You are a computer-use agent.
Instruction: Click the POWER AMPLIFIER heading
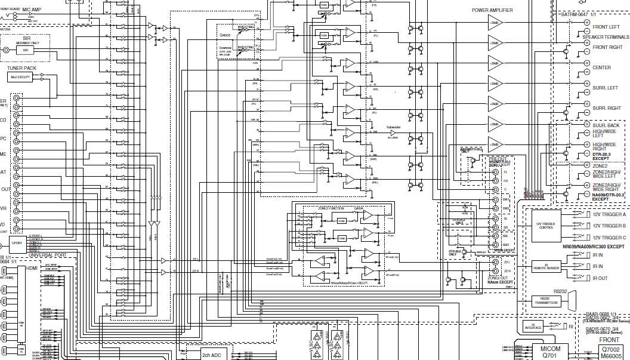tap(492, 10)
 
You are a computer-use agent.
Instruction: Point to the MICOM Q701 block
tap(551, 351)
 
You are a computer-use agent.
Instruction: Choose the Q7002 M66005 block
tap(611, 352)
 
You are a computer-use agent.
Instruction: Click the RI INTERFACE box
tap(533, 327)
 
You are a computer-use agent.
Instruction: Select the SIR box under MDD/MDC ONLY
tap(25, 51)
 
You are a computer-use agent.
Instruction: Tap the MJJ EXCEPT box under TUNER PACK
tap(20, 77)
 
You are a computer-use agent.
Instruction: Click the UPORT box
tap(17, 243)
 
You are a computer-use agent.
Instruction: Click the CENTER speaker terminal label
tap(601, 67)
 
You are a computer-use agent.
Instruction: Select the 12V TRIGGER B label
tap(609, 226)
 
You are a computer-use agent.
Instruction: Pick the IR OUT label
tap(600, 278)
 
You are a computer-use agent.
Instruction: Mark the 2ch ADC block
tap(212, 355)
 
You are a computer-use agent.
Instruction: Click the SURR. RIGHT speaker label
tap(606, 108)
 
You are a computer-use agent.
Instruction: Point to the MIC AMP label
tap(32, 10)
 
